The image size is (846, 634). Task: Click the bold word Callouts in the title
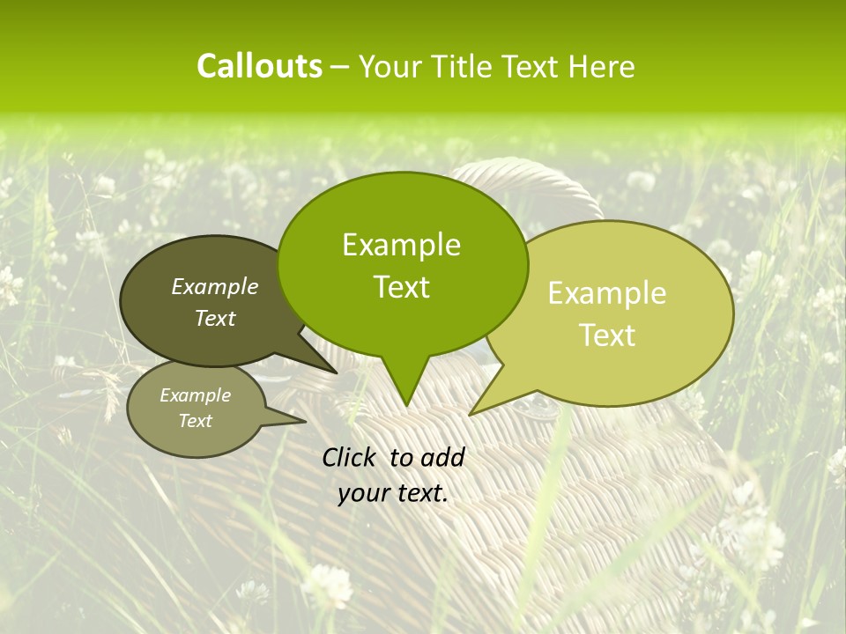click(x=259, y=66)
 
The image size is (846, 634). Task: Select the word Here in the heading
click(x=602, y=67)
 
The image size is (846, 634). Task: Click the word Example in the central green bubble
click(x=401, y=245)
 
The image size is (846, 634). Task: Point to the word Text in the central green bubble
click(x=401, y=286)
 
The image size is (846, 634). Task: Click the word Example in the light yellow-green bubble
click(x=607, y=293)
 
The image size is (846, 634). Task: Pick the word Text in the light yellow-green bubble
click(x=607, y=335)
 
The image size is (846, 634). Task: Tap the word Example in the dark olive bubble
click(x=214, y=286)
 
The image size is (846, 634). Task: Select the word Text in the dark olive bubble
click(x=214, y=318)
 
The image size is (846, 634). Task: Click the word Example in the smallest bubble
click(x=195, y=395)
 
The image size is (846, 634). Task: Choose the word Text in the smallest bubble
click(x=195, y=421)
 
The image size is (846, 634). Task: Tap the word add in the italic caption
click(x=443, y=457)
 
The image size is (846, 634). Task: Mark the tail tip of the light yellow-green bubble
click(x=471, y=413)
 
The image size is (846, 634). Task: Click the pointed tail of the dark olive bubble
click(x=335, y=372)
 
